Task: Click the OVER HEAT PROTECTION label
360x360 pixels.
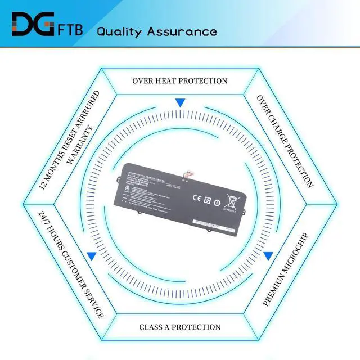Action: (x=180, y=81)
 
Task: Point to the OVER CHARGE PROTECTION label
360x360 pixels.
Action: (x=285, y=140)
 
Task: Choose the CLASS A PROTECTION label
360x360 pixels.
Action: (x=180, y=327)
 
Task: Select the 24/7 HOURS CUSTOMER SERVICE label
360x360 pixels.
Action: (x=71, y=264)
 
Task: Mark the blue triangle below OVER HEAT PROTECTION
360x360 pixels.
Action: (x=180, y=103)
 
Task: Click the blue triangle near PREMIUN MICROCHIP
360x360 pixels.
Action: (x=268, y=255)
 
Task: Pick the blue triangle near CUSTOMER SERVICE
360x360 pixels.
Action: (x=91, y=255)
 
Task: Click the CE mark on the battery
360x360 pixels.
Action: (x=197, y=198)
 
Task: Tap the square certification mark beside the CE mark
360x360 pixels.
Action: (x=207, y=200)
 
